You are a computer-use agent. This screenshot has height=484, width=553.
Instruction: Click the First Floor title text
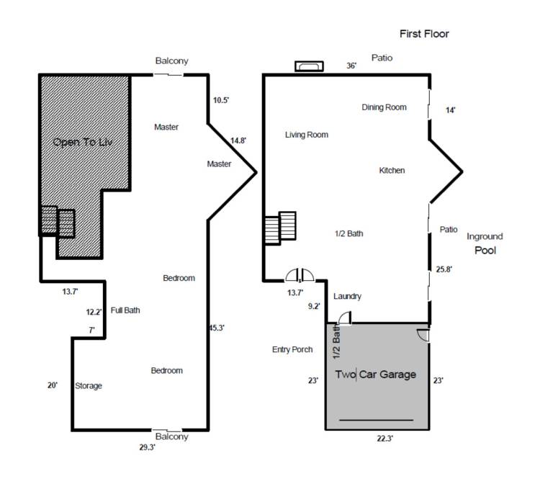[424, 34]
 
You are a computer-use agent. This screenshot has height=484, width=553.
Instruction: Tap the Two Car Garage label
[376, 375]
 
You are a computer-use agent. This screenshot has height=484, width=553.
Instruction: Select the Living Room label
[307, 135]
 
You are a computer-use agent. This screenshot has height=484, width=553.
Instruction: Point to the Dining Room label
[384, 107]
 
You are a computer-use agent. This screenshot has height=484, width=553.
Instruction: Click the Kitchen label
[392, 171]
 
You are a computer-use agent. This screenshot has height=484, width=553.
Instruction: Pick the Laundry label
[347, 296]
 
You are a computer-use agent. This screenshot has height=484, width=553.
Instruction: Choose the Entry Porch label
[292, 349]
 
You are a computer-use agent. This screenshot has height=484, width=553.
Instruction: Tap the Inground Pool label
[485, 243]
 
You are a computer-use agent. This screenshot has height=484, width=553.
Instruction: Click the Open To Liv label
[83, 142]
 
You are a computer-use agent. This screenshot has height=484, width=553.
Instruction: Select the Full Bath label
[125, 310]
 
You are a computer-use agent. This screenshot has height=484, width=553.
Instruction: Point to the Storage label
[89, 386]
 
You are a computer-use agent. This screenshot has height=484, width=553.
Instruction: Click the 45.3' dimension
[217, 328]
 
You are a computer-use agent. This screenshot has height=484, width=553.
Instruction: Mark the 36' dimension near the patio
[351, 66]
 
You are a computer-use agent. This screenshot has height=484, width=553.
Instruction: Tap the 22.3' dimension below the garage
[385, 439]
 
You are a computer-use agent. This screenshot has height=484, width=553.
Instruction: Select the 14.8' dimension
[238, 140]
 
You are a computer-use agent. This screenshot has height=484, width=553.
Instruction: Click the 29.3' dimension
[148, 447]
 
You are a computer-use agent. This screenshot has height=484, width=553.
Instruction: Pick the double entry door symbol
[300, 275]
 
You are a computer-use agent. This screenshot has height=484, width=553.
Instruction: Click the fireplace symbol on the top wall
[310, 66]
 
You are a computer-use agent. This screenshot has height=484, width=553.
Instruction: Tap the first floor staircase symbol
[280, 228]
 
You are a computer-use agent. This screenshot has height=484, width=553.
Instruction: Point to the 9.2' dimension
[314, 306]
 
